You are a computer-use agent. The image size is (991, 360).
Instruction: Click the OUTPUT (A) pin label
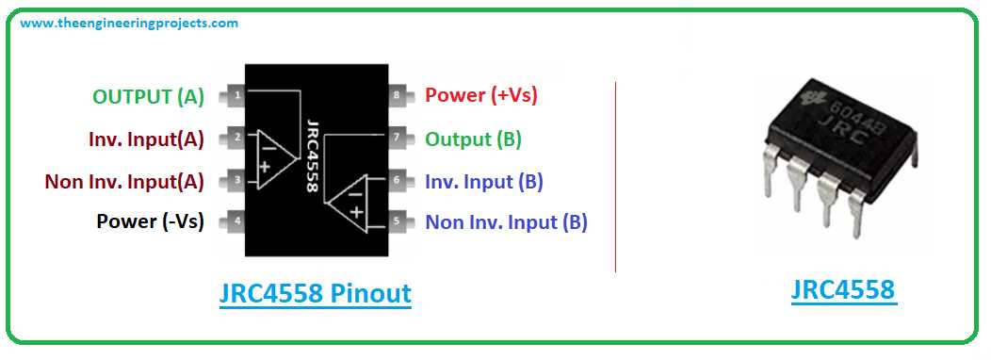coord(148,96)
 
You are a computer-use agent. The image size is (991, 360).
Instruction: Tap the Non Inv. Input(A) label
coord(124,180)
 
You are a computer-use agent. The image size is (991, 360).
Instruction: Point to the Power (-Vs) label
coord(150,221)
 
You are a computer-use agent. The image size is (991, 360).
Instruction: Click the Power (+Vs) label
coord(481,95)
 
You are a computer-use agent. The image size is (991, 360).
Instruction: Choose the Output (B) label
coord(473,139)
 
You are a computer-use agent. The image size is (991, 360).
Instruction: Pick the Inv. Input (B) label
coord(483,181)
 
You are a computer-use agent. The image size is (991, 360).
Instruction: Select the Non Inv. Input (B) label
coord(506,222)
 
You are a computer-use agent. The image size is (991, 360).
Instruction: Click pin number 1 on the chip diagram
coord(237,95)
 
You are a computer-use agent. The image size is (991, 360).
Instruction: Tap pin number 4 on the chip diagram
coord(237,222)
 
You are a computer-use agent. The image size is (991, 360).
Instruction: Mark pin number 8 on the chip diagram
coord(397,95)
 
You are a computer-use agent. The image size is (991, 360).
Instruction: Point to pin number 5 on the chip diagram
coord(397,222)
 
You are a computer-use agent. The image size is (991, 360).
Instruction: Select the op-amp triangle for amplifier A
coord(268,156)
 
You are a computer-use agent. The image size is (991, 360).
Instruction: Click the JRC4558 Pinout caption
coord(315,293)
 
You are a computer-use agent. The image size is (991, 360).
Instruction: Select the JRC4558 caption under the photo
coord(842,289)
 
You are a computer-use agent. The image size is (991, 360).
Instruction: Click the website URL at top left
coord(129,23)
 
